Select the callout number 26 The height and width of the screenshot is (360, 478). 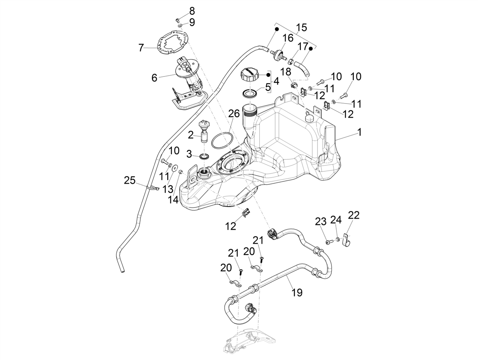click(234, 113)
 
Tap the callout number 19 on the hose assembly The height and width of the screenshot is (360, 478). click(297, 293)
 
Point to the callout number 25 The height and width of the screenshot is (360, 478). click(129, 180)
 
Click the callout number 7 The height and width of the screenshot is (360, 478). click(141, 48)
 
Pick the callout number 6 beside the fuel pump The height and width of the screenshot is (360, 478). click(154, 78)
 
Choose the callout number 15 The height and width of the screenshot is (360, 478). click(302, 27)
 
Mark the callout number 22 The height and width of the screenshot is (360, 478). click(354, 215)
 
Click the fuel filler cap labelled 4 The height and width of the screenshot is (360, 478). click(250, 74)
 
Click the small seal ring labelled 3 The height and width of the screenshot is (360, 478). click(204, 156)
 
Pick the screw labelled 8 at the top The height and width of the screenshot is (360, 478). click(178, 20)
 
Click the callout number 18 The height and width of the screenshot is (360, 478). click(286, 72)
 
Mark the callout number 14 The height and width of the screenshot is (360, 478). click(173, 200)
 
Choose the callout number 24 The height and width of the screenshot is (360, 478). click(336, 220)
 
